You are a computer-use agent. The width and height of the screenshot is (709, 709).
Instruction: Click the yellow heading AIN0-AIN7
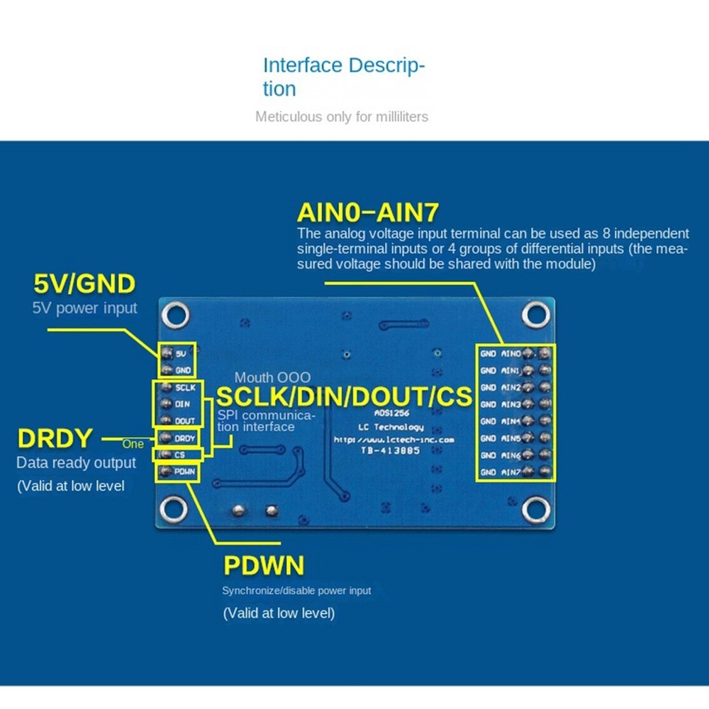coord(368,212)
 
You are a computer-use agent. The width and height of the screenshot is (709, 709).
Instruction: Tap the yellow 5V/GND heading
coord(84,284)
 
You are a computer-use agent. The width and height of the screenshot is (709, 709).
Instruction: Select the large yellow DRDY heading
coord(55,439)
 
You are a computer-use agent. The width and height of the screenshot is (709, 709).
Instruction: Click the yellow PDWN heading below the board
coord(264,566)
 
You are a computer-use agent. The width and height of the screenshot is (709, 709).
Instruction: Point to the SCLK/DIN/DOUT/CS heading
coord(344,396)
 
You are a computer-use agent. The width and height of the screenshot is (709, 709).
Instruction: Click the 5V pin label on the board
coord(182,353)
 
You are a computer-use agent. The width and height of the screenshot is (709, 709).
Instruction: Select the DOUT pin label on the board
coord(184,421)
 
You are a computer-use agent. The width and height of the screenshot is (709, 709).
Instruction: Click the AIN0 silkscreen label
coord(511,352)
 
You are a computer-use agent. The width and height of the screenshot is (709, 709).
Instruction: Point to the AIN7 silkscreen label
coord(511,473)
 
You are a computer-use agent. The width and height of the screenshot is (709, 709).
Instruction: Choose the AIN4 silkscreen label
coord(511,422)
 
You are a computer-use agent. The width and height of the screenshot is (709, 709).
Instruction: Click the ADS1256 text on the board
coord(391,413)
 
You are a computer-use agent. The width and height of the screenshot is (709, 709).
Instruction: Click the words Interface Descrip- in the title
coord(344,66)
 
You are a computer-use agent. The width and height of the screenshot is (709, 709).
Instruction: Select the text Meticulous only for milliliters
coord(342,116)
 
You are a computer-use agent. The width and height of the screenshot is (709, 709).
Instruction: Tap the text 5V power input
coord(85,308)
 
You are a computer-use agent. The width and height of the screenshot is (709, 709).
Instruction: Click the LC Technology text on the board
coord(391,427)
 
